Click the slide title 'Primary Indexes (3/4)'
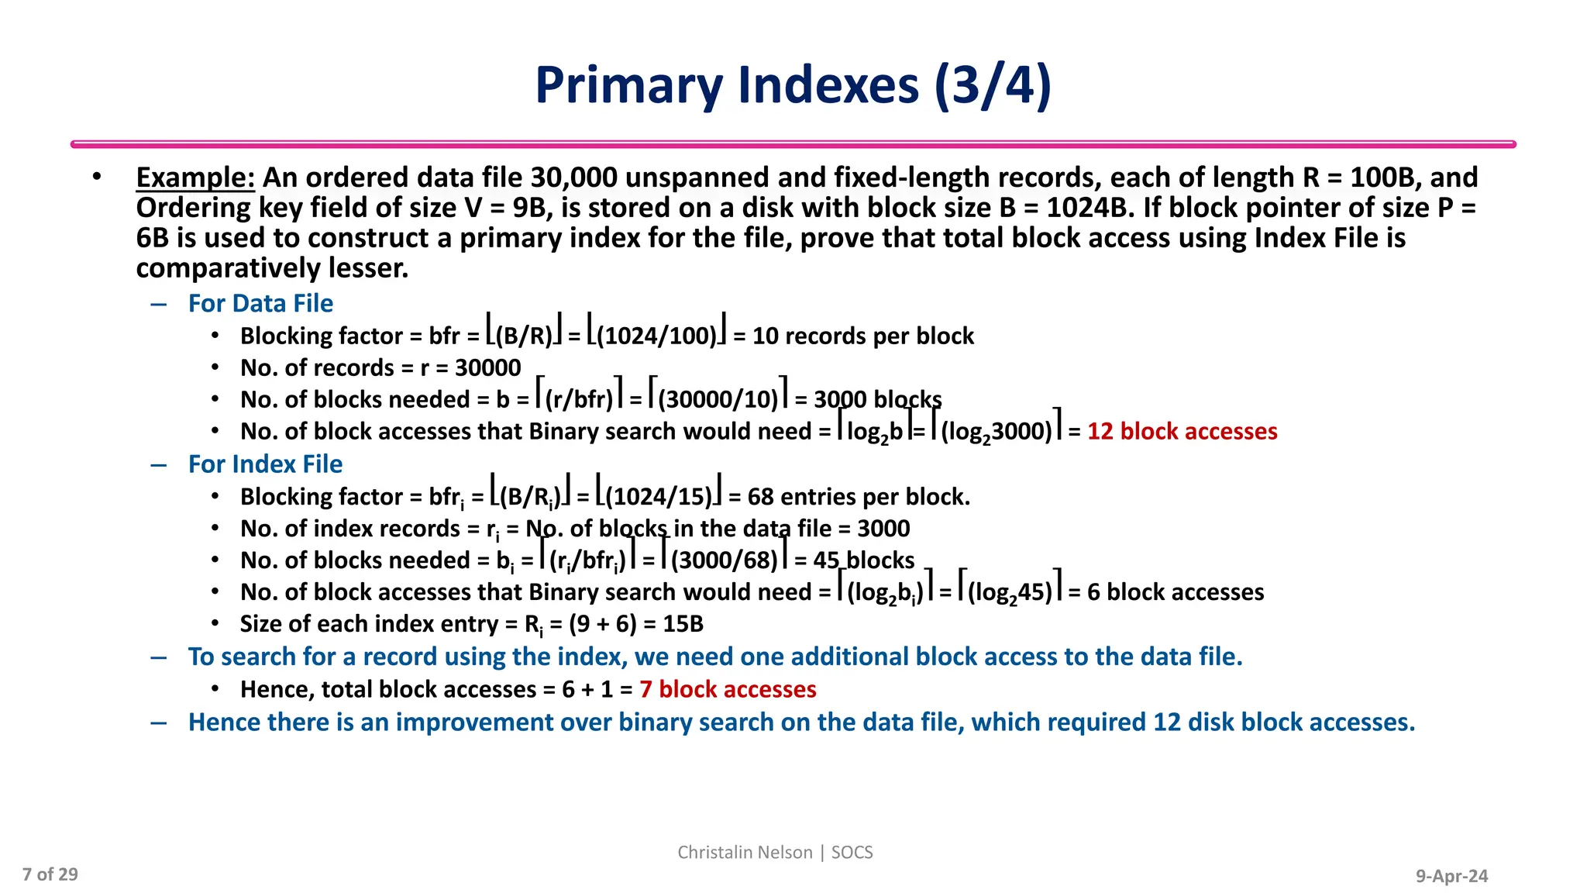pos(793,85)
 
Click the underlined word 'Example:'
pos(195,178)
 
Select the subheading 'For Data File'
pos(260,303)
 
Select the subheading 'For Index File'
pos(265,464)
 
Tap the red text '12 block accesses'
pos(1182,431)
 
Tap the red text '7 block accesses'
pos(728,689)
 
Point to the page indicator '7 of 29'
pos(50,874)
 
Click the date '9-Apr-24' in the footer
pos(1451,876)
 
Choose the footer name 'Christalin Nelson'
pos(745,852)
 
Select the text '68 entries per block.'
pos(859,496)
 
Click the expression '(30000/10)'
pos(718,399)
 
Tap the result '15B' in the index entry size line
pos(683,624)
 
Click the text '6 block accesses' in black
pos(1175,592)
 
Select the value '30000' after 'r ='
pos(487,367)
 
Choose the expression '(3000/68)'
pos(724,560)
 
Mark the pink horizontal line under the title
pos(793,144)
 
